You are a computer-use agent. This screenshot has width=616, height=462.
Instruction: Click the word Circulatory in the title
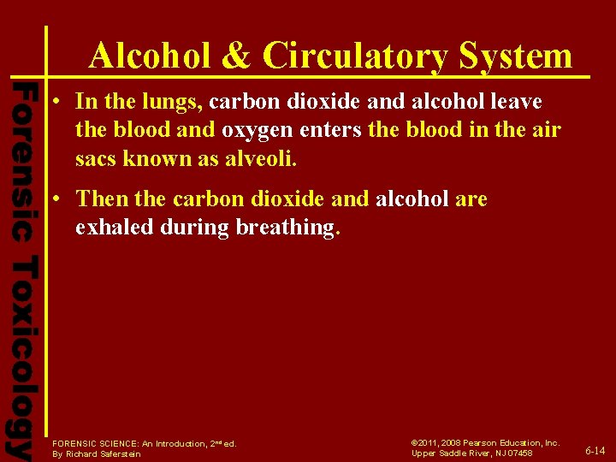point(354,56)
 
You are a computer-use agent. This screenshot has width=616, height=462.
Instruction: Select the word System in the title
point(515,56)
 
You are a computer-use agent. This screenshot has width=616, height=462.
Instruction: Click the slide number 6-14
point(595,450)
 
